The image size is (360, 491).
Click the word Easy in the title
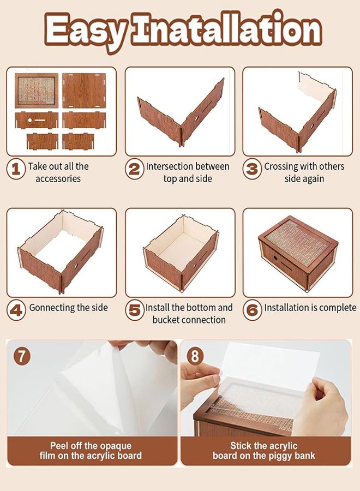[86, 31]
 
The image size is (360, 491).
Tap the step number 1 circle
[16, 170]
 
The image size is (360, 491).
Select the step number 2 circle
[135, 170]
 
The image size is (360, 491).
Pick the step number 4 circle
[16, 310]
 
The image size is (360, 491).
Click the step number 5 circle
[135, 310]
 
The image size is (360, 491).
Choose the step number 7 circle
[22, 356]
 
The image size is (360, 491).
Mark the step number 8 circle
[195, 356]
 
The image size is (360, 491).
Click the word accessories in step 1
[58, 179]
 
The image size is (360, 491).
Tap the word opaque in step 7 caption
[114, 446]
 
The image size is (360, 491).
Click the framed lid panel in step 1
[37, 91]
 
